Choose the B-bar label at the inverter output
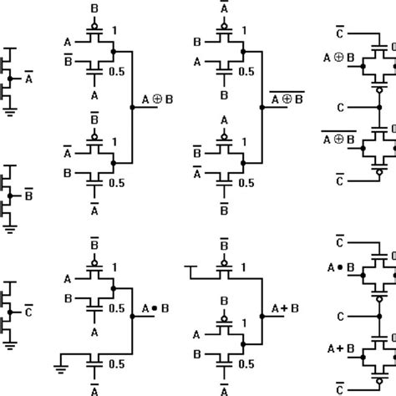pyautogui.click(x=28, y=198)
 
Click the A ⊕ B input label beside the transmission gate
pyautogui.click(x=338, y=58)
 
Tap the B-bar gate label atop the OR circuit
pyautogui.click(x=223, y=246)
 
